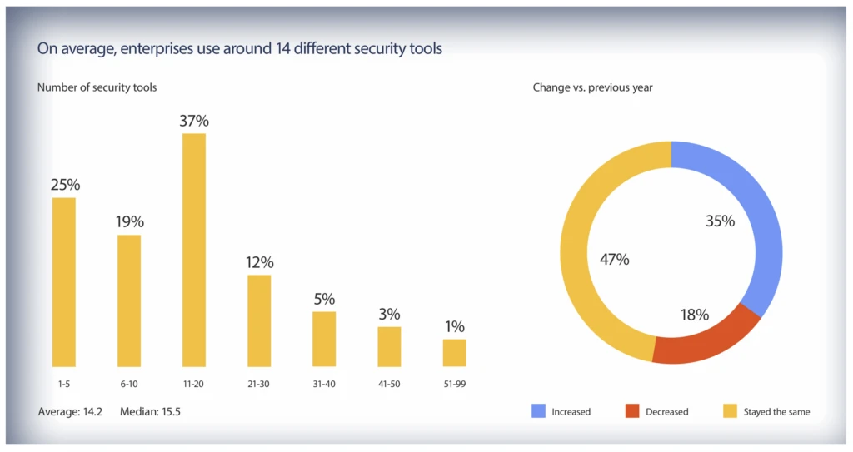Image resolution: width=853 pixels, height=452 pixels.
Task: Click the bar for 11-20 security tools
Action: [193, 250]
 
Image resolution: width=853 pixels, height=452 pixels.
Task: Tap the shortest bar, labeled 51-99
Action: [454, 352]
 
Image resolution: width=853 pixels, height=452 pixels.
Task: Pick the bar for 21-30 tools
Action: [259, 320]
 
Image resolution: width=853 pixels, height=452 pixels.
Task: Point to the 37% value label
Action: [193, 121]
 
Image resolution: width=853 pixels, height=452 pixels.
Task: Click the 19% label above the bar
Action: [129, 222]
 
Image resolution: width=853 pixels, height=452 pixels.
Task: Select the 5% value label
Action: [324, 299]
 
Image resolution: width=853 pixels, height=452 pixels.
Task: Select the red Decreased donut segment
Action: [704, 341]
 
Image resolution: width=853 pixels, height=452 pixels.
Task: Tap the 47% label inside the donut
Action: [615, 259]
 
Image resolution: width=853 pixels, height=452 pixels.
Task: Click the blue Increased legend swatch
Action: [539, 411]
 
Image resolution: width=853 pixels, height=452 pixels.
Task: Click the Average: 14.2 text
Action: [70, 411]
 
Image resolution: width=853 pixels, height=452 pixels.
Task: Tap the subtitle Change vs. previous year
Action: [592, 87]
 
